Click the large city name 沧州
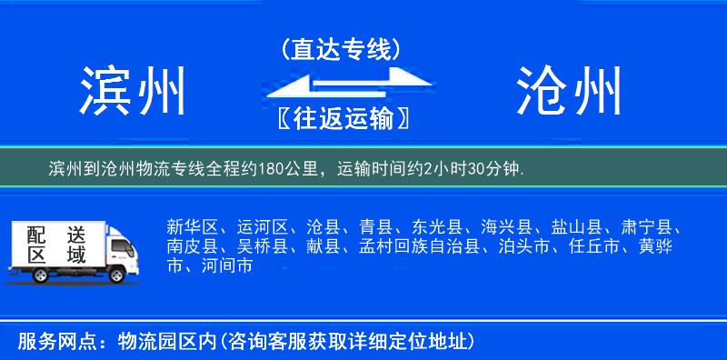click(x=570, y=91)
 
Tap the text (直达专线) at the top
click(x=341, y=50)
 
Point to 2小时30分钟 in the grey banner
click(x=483, y=168)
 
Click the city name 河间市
click(x=224, y=266)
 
